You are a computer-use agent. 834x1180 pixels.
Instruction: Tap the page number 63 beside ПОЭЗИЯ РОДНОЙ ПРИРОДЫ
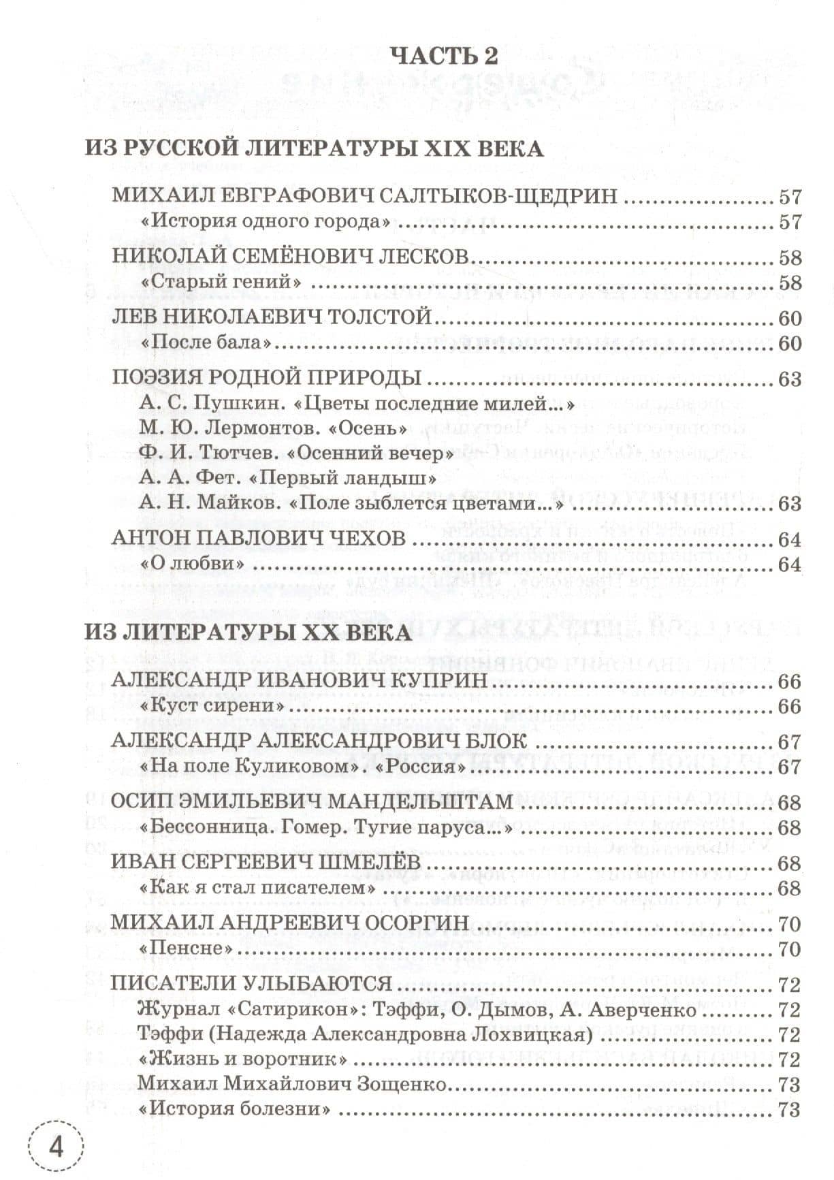tap(789, 379)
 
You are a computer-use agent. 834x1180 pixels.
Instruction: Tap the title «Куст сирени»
tap(211, 706)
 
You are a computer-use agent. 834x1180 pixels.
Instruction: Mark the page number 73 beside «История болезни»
tap(789, 1109)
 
